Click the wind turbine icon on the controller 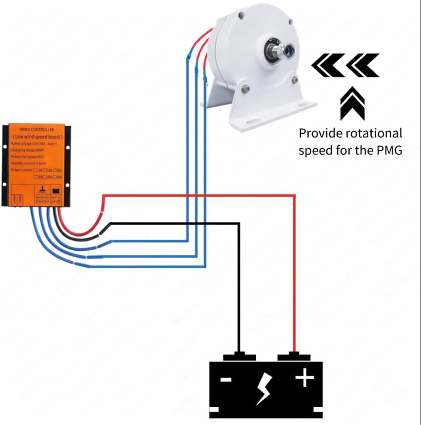(x=42, y=192)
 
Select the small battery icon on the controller (x=55, y=192)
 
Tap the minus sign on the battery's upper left (x=226, y=379)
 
